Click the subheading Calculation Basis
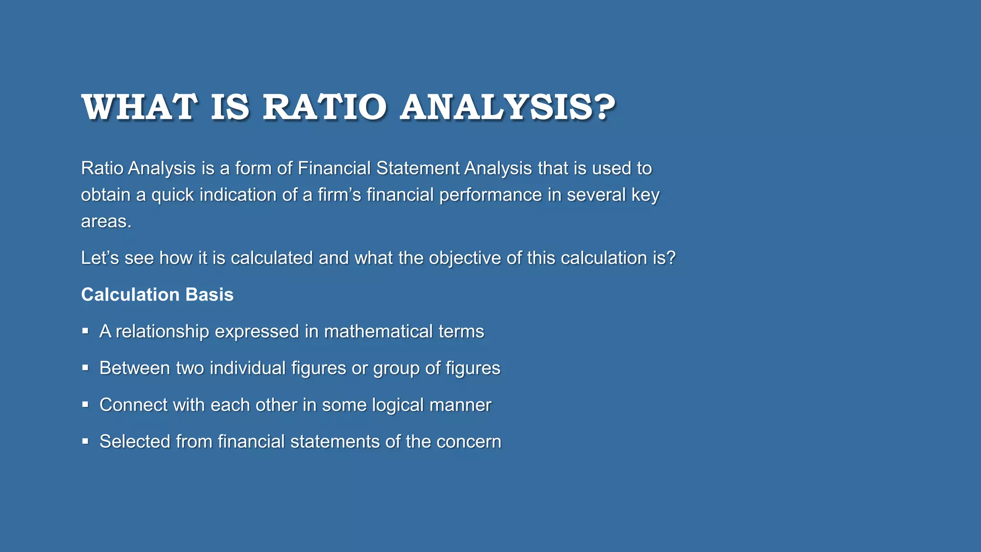(x=157, y=294)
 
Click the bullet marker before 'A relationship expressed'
(x=85, y=331)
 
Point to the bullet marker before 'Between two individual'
(x=85, y=368)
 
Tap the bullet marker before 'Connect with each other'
(x=85, y=404)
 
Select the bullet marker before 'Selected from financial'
(x=85, y=441)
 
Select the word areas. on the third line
(x=106, y=221)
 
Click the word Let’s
(x=100, y=258)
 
